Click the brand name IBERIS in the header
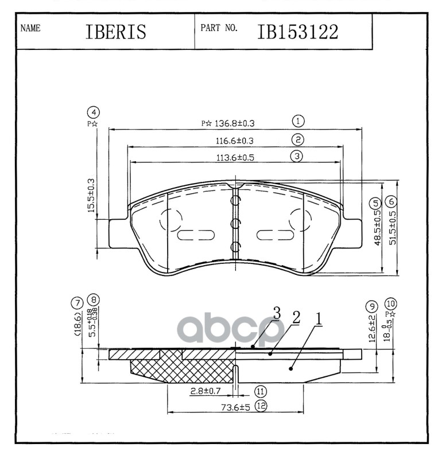pos(115,32)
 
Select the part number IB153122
pos(297,32)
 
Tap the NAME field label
pos(30,28)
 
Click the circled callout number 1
pos(297,121)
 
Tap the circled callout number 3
pos(296,156)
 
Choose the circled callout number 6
pos(391,202)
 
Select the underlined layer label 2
pos(296,317)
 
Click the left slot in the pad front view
pos(195,235)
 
